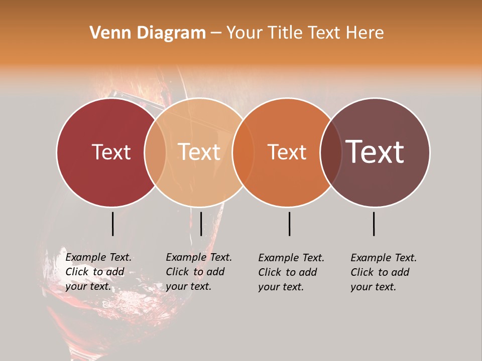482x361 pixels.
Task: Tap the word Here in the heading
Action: [367, 33]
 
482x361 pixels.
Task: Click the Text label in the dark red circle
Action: [111, 152]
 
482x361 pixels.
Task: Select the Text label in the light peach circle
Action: [199, 152]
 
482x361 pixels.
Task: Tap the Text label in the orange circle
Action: [287, 152]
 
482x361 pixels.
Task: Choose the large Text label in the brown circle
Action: [375, 152]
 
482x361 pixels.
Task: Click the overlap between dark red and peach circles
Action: [155, 152]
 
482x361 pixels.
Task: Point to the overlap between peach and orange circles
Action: [243, 152]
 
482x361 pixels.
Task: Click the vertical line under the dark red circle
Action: [112, 224]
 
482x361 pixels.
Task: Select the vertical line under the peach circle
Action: [201, 224]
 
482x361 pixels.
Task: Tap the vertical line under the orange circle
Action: [289, 224]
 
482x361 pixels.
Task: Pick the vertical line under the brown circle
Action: [374, 224]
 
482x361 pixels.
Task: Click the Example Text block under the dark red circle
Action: [98, 272]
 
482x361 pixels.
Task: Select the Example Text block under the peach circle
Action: [199, 272]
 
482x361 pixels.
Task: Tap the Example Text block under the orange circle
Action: [291, 272]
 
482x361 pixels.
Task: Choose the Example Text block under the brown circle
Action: [384, 272]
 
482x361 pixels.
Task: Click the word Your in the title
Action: [245, 33]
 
